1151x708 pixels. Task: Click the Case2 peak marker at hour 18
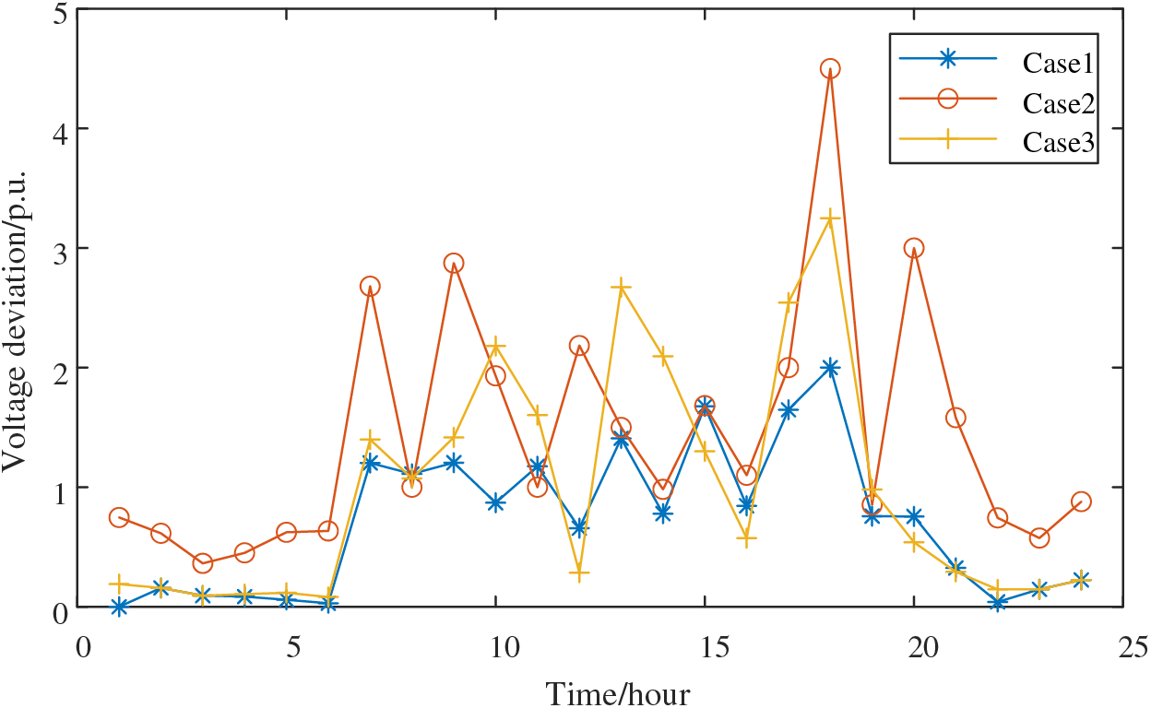(830, 69)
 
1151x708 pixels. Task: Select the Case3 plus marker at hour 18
(830, 218)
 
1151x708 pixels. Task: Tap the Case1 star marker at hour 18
(830, 367)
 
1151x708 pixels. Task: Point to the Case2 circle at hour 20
(914, 248)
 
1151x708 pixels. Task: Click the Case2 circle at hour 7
(370, 287)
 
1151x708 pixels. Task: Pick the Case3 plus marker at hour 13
(621, 287)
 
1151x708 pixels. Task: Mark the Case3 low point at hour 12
(579, 573)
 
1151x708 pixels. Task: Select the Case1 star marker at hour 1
(119, 607)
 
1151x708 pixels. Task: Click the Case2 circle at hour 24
(1081, 501)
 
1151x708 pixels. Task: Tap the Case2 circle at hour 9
(454, 263)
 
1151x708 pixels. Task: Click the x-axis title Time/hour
(616, 692)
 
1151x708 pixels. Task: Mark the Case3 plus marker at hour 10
(496, 347)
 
